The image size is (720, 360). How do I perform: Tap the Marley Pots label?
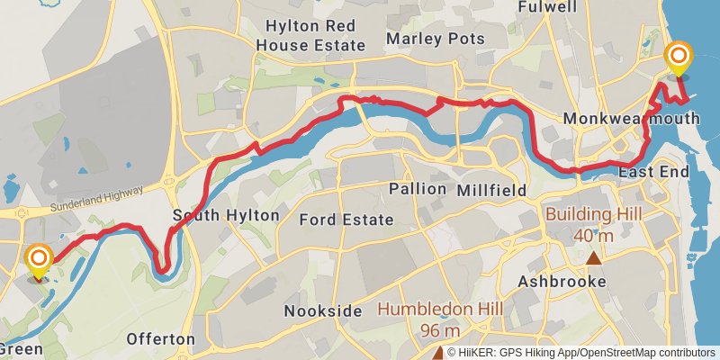pos(435,39)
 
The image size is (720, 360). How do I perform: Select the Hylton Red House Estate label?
pos(310,36)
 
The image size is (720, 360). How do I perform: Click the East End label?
pos(653,172)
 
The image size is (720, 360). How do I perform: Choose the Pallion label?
pos(418,189)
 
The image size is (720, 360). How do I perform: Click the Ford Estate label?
pos(346,220)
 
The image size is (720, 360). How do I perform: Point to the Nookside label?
pos(322,311)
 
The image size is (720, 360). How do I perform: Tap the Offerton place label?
pos(161,339)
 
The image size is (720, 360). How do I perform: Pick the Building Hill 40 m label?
pos(592,224)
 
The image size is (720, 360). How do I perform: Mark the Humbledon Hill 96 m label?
pos(439,319)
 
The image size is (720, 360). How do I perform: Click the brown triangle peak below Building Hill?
pos(593,259)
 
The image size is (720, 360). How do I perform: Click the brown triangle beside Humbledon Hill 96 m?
pos(438,353)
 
